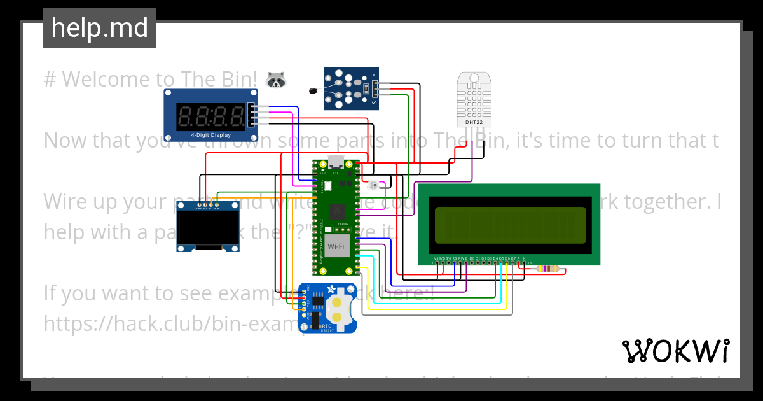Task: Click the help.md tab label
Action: tap(100, 28)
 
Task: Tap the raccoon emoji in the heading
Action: tap(275, 80)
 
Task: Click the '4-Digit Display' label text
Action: tap(210, 135)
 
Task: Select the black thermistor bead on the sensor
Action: tap(313, 91)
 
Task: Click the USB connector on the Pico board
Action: tap(334, 161)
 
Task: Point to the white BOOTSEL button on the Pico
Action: tap(328, 186)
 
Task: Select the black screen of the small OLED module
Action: tap(207, 228)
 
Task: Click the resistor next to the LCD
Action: tap(548, 269)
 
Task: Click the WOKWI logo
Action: tap(675, 351)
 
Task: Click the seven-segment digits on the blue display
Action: tap(211, 116)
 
